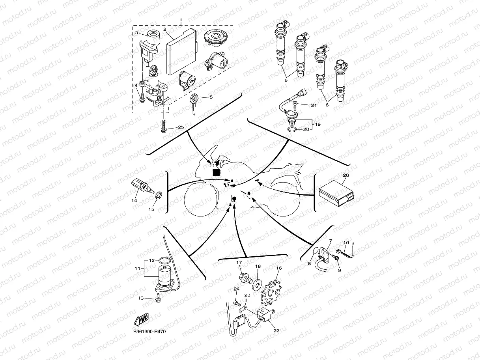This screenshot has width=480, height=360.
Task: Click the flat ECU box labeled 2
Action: (181, 51)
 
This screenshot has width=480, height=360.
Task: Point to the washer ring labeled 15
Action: (159, 194)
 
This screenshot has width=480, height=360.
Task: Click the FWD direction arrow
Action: (141, 319)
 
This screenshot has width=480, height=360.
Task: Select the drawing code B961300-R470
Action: (149, 332)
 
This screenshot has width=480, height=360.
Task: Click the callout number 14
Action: (134, 201)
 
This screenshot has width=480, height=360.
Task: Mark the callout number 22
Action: (276, 331)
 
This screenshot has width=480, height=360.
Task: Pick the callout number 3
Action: (136, 33)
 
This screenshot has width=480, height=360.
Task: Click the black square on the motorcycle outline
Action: (216, 172)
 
